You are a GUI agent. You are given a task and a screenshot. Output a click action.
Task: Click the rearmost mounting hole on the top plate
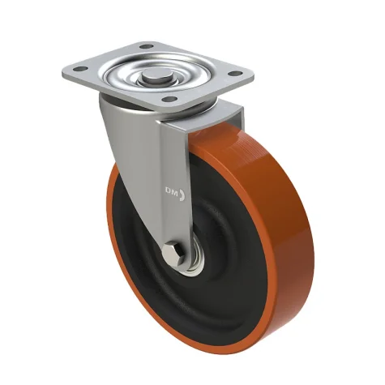tap(147, 46)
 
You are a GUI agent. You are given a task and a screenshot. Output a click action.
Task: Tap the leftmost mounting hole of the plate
tap(80, 69)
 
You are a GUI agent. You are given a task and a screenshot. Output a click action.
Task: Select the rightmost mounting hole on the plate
tap(234, 73)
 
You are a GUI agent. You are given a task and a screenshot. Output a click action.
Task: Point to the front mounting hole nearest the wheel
tap(169, 99)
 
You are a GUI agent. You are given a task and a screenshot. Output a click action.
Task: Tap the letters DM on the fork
tap(172, 193)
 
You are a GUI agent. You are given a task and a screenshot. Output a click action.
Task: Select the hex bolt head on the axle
tap(173, 255)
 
